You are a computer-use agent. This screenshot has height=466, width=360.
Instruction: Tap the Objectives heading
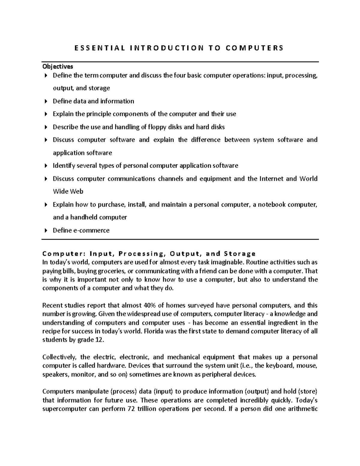[x=58, y=66]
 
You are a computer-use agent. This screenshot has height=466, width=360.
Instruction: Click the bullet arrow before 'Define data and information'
[x=46, y=101]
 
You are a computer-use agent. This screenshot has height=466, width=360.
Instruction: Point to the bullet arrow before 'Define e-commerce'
[x=46, y=230]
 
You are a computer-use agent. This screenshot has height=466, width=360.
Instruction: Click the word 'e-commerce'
[x=91, y=230]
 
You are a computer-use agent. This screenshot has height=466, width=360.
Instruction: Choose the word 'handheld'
[x=83, y=217]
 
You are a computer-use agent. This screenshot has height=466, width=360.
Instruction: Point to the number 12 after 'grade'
[x=99, y=340]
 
